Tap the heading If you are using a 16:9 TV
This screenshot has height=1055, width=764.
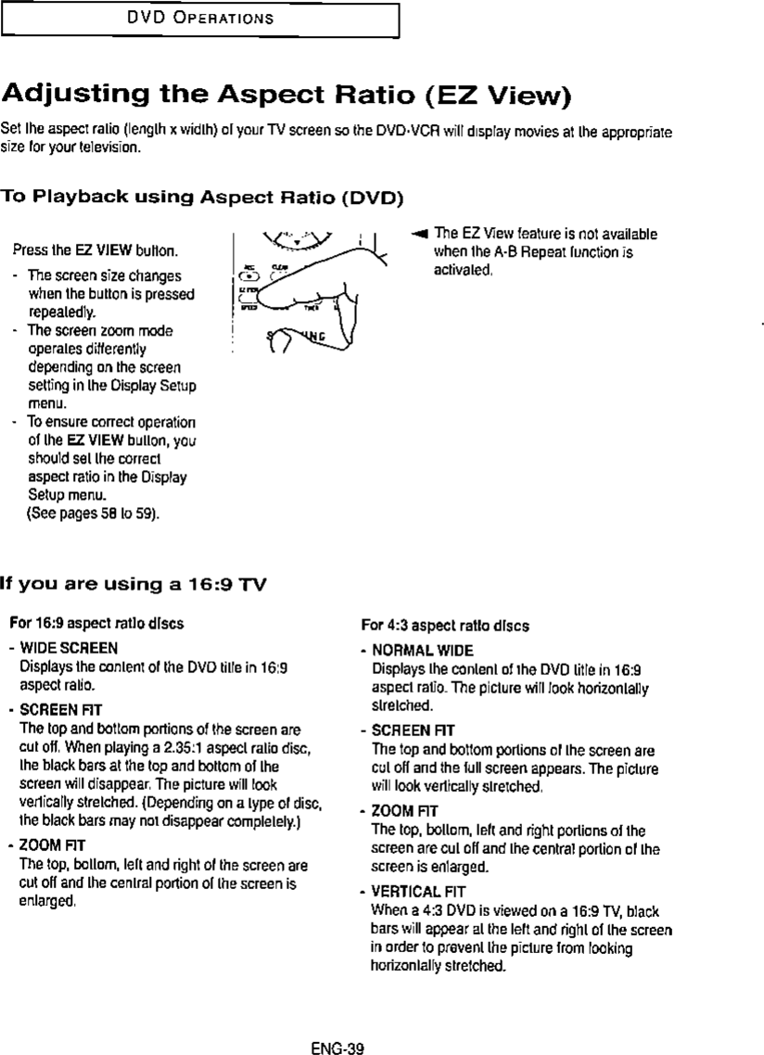point(135,583)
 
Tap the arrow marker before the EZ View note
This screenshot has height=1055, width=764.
point(418,235)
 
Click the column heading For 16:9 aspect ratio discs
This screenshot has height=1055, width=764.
point(95,624)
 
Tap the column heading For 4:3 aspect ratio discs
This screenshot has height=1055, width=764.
point(444,626)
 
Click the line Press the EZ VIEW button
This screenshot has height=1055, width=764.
point(95,251)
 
